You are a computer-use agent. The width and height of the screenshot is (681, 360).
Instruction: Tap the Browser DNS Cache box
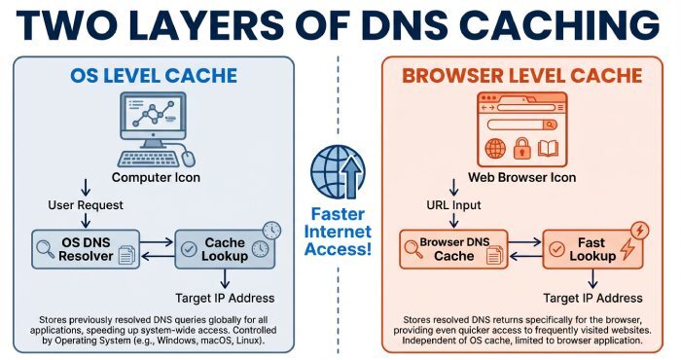click(x=447, y=248)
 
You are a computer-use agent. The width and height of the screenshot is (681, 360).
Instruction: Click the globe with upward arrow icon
click(x=338, y=172)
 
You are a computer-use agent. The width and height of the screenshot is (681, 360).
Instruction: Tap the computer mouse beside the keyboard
click(x=188, y=158)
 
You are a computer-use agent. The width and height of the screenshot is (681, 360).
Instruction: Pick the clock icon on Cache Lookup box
click(x=271, y=232)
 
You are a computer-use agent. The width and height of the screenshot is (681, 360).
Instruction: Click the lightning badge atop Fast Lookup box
click(x=639, y=232)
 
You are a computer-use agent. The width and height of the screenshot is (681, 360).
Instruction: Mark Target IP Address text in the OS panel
click(x=226, y=297)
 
